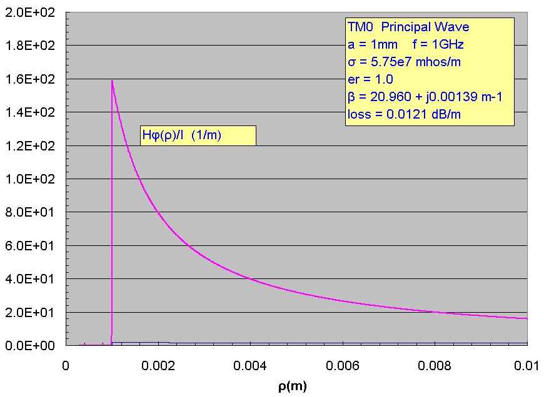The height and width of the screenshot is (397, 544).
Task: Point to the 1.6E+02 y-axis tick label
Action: (x=31, y=79)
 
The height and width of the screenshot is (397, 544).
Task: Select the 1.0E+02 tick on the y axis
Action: (x=31, y=179)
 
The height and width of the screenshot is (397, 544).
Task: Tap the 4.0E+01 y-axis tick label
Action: (x=31, y=278)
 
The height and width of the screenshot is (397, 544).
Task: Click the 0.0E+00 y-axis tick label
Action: (x=31, y=345)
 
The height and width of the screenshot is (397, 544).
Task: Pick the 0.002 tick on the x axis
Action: (x=158, y=365)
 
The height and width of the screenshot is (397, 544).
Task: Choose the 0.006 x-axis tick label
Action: (x=343, y=365)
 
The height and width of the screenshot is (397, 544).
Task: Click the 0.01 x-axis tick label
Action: (x=528, y=365)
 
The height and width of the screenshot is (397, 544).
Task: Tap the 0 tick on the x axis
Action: (x=66, y=365)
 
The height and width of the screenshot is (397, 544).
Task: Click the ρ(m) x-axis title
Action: (x=293, y=386)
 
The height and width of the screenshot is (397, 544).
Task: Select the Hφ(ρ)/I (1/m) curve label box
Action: (x=198, y=136)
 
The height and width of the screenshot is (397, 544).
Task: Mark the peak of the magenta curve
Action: (x=112, y=80)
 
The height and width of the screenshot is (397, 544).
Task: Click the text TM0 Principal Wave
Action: (x=408, y=27)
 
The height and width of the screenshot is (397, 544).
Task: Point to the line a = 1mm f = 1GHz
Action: (x=405, y=44)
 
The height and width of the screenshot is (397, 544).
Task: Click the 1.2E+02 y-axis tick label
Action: (x=31, y=146)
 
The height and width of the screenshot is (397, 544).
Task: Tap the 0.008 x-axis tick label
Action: (x=435, y=365)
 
